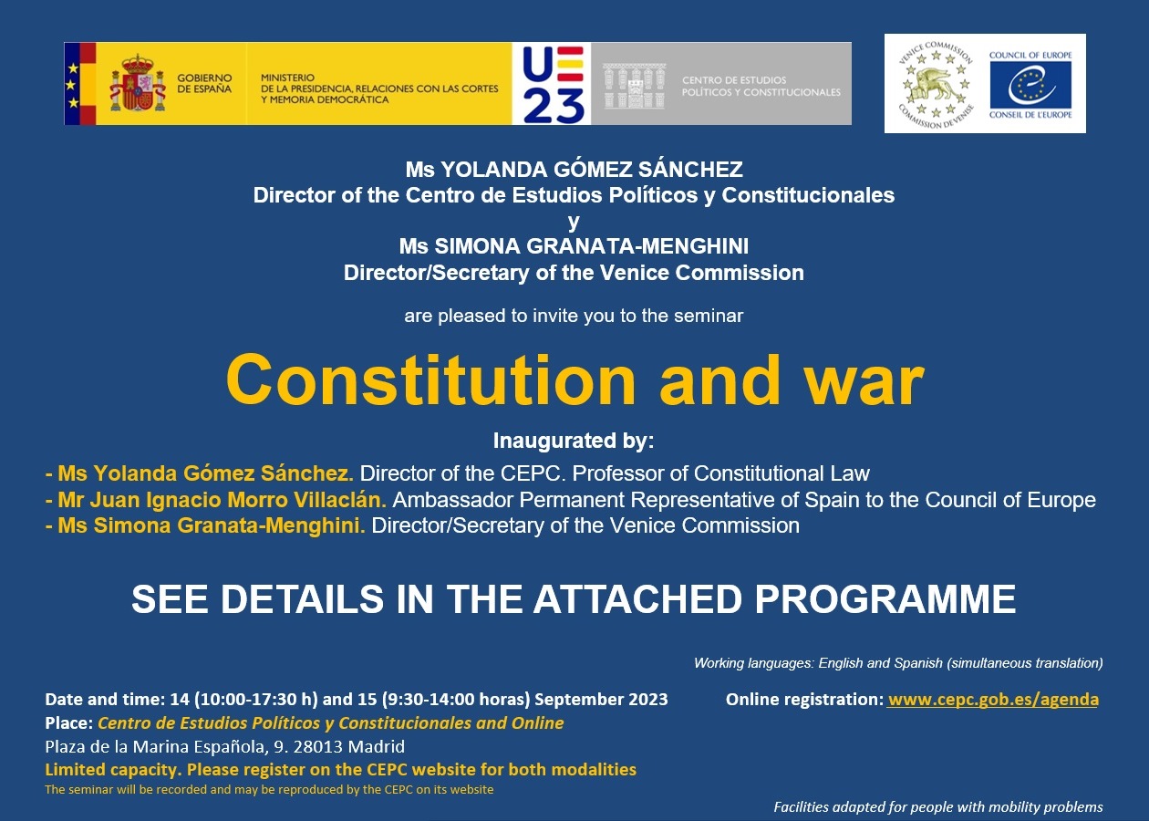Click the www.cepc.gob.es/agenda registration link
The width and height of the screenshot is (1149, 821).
pyautogui.click(x=993, y=700)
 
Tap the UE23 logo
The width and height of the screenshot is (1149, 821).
pyautogui.click(x=552, y=84)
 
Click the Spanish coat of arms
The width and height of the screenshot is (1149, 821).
pyautogui.click(x=138, y=83)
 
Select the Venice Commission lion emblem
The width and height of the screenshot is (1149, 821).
pyautogui.click(x=936, y=83)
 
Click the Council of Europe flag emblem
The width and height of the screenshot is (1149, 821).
pyautogui.click(x=1030, y=84)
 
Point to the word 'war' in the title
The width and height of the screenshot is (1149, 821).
pyautogui.click(x=864, y=380)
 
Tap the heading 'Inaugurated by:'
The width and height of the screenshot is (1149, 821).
pyautogui.click(x=574, y=441)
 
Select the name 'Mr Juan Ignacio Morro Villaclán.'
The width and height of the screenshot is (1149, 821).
pyautogui.click(x=222, y=500)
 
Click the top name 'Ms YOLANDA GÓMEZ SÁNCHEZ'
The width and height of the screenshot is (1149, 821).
pyautogui.click(x=574, y=170)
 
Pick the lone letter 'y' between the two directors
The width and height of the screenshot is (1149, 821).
pyautogui.click(x=574, y=223)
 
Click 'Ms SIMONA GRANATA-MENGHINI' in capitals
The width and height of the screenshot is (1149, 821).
pyautogui.click(x=574, y=246)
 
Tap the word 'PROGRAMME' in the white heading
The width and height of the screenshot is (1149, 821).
pyautogui.click(x=885, y=598)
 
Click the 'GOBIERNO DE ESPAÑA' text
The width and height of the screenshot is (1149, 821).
pyautogui.click(x=204, y=83)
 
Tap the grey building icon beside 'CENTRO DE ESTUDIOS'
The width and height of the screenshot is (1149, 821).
pyautogui.click(x=634, y=86)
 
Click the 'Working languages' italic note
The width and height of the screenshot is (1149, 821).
pyautogui.click(x=898, y=663)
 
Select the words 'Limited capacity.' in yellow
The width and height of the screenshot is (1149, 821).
pyautogui.click(x=113, y=770)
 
